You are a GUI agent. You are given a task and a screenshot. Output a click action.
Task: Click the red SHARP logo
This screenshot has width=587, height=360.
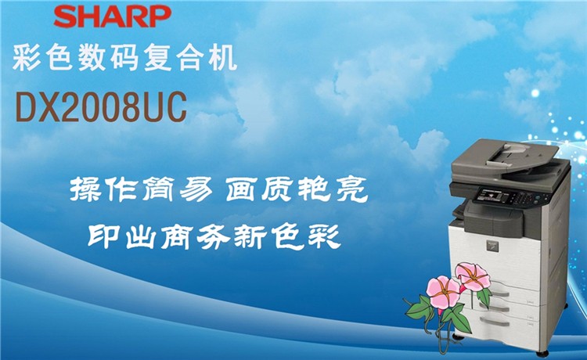112,16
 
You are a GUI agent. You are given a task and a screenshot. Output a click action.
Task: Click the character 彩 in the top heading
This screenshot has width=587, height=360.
27,57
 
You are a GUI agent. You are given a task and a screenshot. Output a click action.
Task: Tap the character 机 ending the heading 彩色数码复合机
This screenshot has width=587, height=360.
223,57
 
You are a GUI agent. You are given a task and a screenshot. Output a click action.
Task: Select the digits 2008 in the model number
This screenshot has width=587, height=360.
103,106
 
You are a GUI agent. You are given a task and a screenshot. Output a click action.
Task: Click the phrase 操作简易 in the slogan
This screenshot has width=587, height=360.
142,189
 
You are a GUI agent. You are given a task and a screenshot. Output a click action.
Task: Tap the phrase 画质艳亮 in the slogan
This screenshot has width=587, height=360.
297,189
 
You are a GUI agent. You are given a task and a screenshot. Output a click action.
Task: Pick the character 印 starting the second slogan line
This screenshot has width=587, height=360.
104,235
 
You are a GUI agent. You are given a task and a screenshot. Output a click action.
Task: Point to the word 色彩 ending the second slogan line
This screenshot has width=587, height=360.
305,236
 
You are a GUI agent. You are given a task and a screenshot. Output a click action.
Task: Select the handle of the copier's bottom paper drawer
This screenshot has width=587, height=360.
495,322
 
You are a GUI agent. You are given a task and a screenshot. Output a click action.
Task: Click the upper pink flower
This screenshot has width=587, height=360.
473,277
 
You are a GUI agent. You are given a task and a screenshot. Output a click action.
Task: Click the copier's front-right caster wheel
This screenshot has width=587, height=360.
542,353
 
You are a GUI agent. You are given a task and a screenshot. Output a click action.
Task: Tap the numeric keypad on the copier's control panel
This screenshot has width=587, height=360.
521,199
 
